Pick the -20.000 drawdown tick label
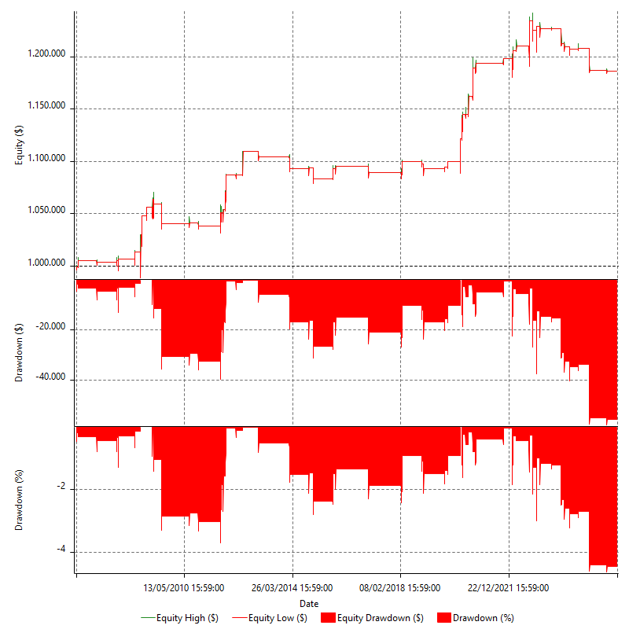52,329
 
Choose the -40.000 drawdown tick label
52,380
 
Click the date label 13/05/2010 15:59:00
183,587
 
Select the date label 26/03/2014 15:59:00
292,587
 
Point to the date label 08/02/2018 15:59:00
400,587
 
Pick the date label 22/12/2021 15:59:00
509,587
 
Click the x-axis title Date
309,603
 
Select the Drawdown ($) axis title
19,353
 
